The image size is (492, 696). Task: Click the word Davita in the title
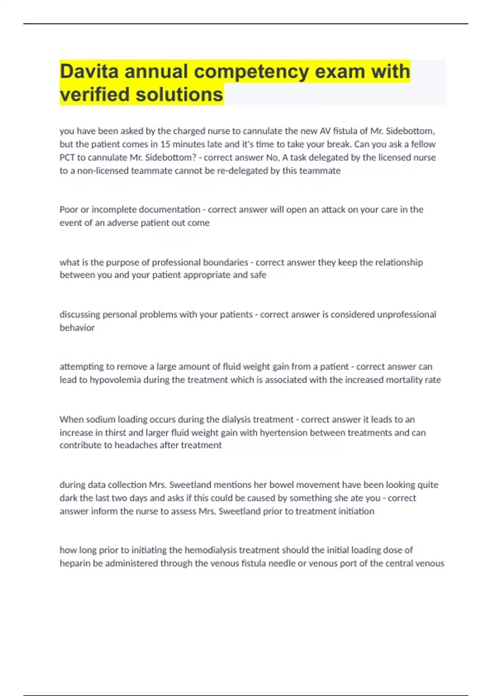click(89, 71)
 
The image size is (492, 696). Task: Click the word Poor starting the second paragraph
click(68, 210)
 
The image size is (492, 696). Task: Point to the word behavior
click(77, 328)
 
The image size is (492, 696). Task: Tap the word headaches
click(136, 445)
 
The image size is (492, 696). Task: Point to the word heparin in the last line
click(75, 563)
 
